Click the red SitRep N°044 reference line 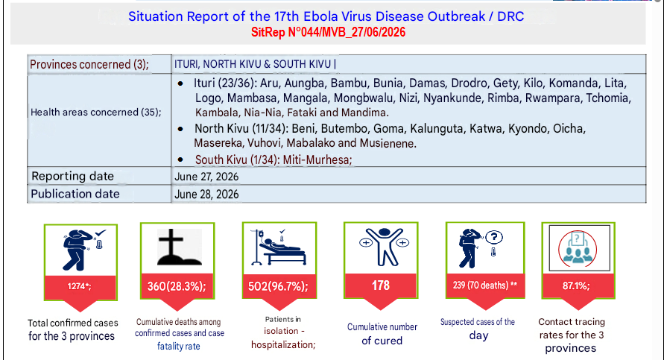(x=328, y=32)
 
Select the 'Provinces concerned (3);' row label (x=89, y=64)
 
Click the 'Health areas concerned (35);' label (x=95, y=113)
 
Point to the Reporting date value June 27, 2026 (x=206, y=177)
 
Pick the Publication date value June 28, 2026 (x=206, y=195)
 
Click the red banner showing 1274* (x=80, y=287)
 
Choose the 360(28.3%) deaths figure (x=177, y=287)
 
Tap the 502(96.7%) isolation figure (x=278, y=287)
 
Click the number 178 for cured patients (x=381, y=285)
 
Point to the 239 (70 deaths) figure (x=485, y=285)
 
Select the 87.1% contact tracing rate (x=576, y=286)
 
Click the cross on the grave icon (x=171, y=243)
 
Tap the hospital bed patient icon (x=279, y=247)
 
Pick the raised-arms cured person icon (x=384, y=246)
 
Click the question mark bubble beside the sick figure (x=494, y=237)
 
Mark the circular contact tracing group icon (x=578, y=249)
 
